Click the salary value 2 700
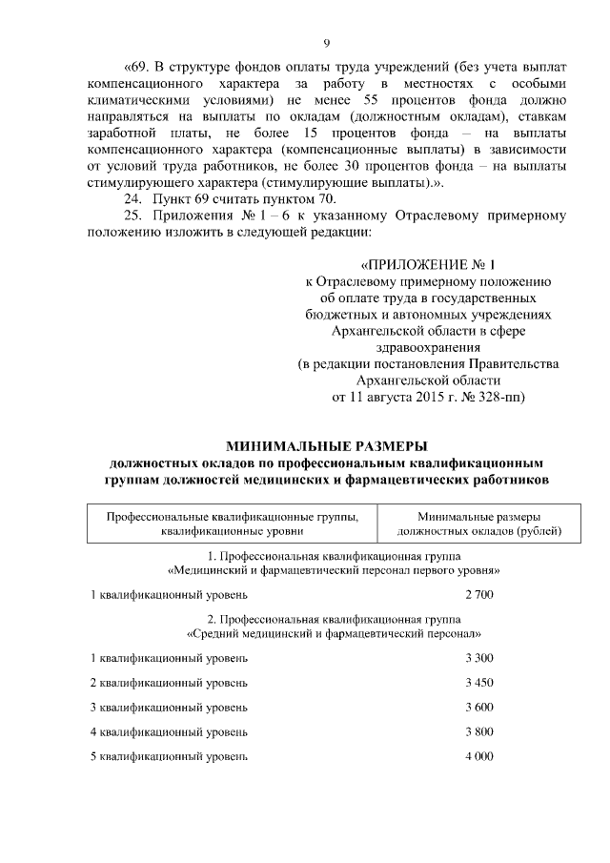[479, 594]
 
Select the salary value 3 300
[479, 658]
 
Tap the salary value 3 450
[479, 683]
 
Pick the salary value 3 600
[479, 707]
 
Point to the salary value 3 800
[479, 731]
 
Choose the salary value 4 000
[479, 756]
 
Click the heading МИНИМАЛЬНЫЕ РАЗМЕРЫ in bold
[327, 445]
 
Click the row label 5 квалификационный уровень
[169, 756]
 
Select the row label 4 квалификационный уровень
[169, 731]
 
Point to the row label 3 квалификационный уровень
[169, 707]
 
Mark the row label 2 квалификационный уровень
[169, 683]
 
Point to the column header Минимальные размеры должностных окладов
[478, 524]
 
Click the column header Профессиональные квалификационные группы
[233, 524]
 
